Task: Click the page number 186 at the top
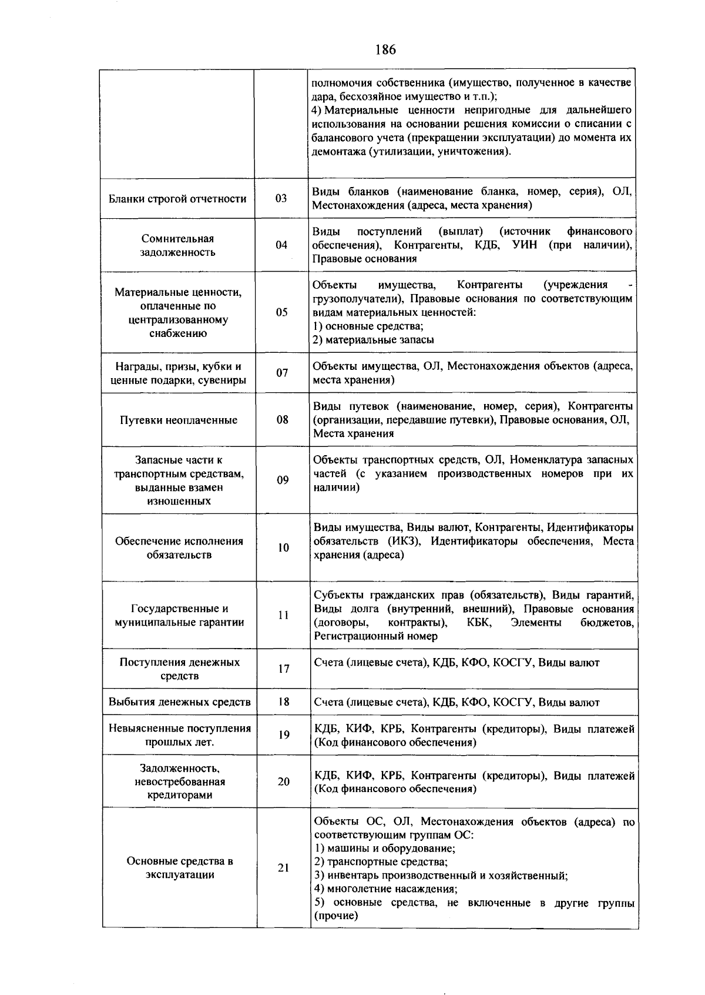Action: (385, 49)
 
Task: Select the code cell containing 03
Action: (281, 198)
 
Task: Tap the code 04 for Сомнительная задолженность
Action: (281, 245)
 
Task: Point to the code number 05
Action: (282, 312)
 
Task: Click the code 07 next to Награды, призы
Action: (282, 373)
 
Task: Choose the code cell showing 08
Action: (283, 419)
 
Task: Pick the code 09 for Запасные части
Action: (283, 480)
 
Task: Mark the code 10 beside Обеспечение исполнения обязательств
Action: (283, 547)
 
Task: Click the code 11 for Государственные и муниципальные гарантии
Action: (283, 615)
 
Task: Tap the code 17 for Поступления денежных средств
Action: (284, 669)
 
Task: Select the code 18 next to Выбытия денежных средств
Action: (284, 702)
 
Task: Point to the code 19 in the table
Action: (284, 735)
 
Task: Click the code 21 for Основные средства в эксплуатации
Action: (284, 867)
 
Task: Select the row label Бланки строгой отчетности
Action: (177, 199)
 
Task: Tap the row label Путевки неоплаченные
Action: (179, 420)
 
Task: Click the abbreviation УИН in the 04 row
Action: (525, 245)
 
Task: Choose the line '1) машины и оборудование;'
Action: (385, 849)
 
